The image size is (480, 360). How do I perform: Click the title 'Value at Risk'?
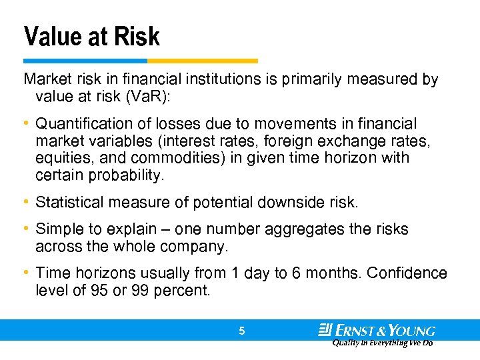click(x=92, y=36)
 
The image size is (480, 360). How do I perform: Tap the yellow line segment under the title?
click(x=206, y=61)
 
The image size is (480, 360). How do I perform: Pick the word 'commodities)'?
click(x=199, y=159)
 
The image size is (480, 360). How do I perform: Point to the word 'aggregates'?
click(x=303, y=229)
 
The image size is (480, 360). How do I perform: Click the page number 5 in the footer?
click(x=242, y=330)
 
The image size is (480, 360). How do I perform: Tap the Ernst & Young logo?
click(x=377, y=331)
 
